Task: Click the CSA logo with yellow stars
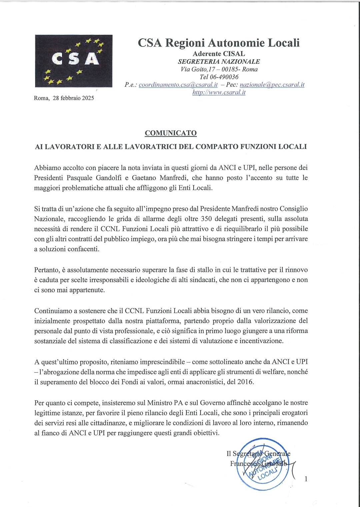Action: [x=74, y=61]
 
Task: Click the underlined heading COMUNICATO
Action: [x=171, y=133]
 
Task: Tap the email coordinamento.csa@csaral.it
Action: [x=178, y=85]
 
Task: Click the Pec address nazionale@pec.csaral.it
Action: [x=272, y=85]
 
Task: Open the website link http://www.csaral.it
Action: [x=219, y=92]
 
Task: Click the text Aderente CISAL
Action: [x=219, y=53]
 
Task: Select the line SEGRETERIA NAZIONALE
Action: [x=219, y=61]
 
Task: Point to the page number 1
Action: [x=306, y=479]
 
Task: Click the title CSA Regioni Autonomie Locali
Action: [x=219, y=43]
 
